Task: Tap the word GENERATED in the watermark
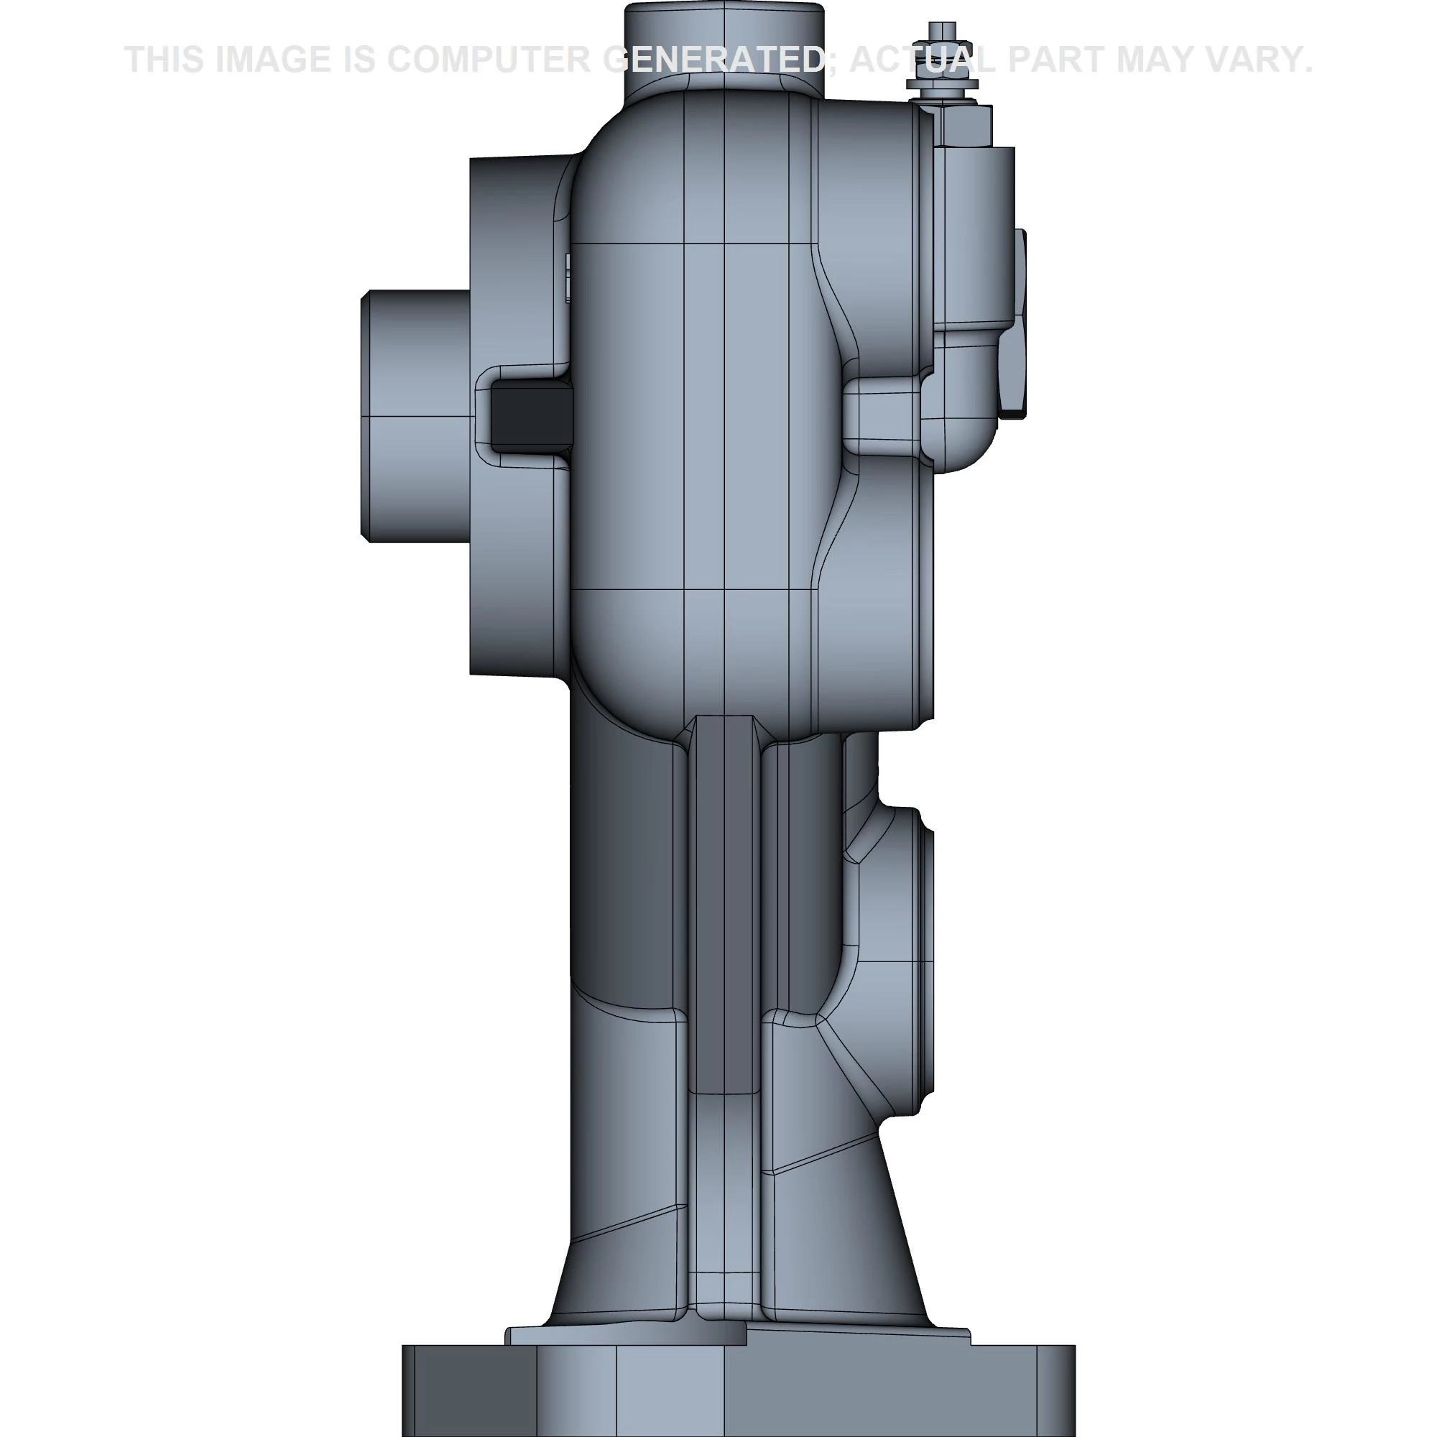(714, 60)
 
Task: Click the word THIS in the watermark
(165, 60)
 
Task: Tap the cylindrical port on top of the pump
(724, 45)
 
